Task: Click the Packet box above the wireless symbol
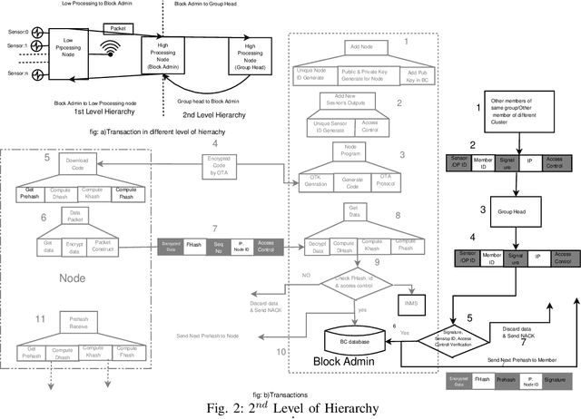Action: coord(125,29)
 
